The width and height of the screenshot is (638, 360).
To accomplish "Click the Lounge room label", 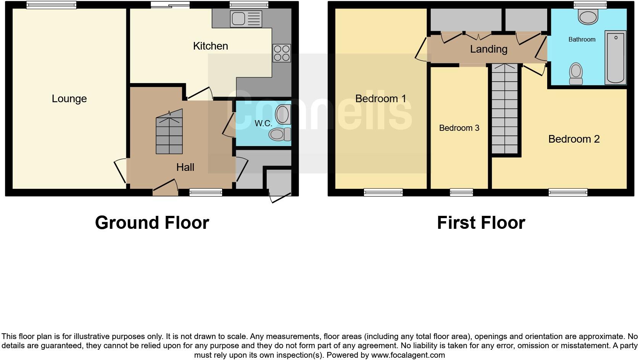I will point(69,99).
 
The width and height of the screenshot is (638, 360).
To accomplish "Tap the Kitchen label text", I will point(210,46).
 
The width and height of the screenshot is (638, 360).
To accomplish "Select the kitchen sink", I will point(246,19).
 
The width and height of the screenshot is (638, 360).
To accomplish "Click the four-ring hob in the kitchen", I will point(282,53).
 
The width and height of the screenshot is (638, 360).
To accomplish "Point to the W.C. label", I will point(263,123).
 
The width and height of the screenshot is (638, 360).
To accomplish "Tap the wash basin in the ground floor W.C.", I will point(283,114).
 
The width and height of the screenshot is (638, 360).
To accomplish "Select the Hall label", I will point(185,167).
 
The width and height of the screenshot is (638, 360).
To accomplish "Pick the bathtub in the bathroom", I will point(615,57).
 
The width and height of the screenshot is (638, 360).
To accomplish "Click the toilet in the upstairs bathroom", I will point(576,74).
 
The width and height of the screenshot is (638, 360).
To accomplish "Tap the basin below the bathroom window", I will point(588,17).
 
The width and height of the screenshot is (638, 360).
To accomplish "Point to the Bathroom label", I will point(582,39).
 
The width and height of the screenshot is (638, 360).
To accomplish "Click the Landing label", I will point(488,49).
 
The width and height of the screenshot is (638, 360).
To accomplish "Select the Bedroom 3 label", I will point(459,128).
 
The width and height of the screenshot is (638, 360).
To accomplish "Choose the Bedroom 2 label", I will point(574,139).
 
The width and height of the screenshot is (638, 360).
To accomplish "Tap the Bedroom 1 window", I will point(383,192).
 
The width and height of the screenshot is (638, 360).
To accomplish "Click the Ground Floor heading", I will point(152,223).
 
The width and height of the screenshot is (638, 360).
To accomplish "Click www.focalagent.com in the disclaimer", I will point(408,355).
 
